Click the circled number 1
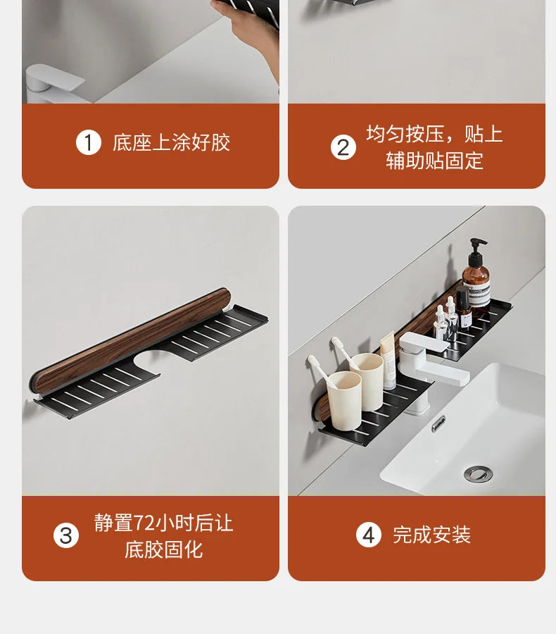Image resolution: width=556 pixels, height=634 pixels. pos(88,142)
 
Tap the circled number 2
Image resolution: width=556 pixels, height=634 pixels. pos(343,148)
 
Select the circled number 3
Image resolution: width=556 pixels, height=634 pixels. pos(66,536)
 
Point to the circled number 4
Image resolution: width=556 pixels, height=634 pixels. pos(369,535)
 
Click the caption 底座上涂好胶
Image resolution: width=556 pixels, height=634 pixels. pos(171,142)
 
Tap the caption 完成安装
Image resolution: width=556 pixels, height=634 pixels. pos(432,535)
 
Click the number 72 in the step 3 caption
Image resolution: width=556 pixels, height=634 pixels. pos(144,523)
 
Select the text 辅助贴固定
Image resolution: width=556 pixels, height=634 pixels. pos(434,161)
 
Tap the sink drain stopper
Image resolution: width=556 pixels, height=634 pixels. pos(478,474)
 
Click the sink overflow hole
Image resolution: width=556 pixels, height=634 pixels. pos(438,423)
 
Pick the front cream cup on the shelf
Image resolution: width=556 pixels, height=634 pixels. pos(344,397)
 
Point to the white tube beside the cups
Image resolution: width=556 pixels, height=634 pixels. pos(388,361)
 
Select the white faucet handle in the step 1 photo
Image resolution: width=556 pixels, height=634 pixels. pos(55,78)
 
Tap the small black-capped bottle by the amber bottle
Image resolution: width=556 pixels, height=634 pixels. pos(464,309)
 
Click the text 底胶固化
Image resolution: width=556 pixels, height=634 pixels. pos(164,550)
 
